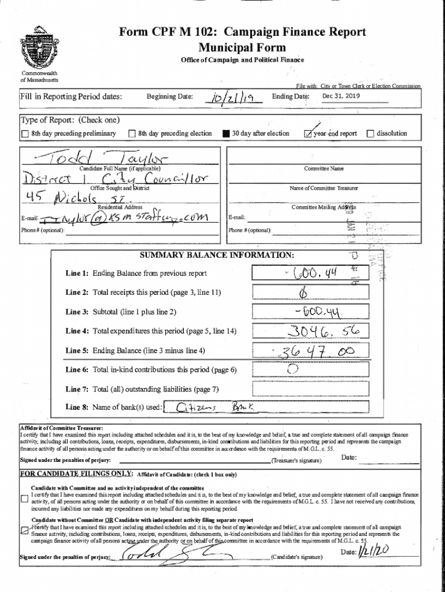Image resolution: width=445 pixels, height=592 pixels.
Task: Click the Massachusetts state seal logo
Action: [x=36, y=49]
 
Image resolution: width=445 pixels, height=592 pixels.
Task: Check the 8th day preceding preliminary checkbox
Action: [x=24, y=134]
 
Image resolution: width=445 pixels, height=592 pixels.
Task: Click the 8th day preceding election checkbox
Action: [x=132, y=134]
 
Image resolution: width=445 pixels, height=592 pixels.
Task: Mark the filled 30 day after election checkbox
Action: [x=226, y=134]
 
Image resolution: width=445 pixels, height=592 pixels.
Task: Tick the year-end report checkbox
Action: [x=308, y=134]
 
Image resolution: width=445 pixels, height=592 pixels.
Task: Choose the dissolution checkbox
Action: [x=370, y=134]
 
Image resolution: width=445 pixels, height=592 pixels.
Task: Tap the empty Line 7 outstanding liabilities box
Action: [x=311, y=388]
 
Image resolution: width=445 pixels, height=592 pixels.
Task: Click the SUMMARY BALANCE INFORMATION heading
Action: [x=217, y=255]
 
